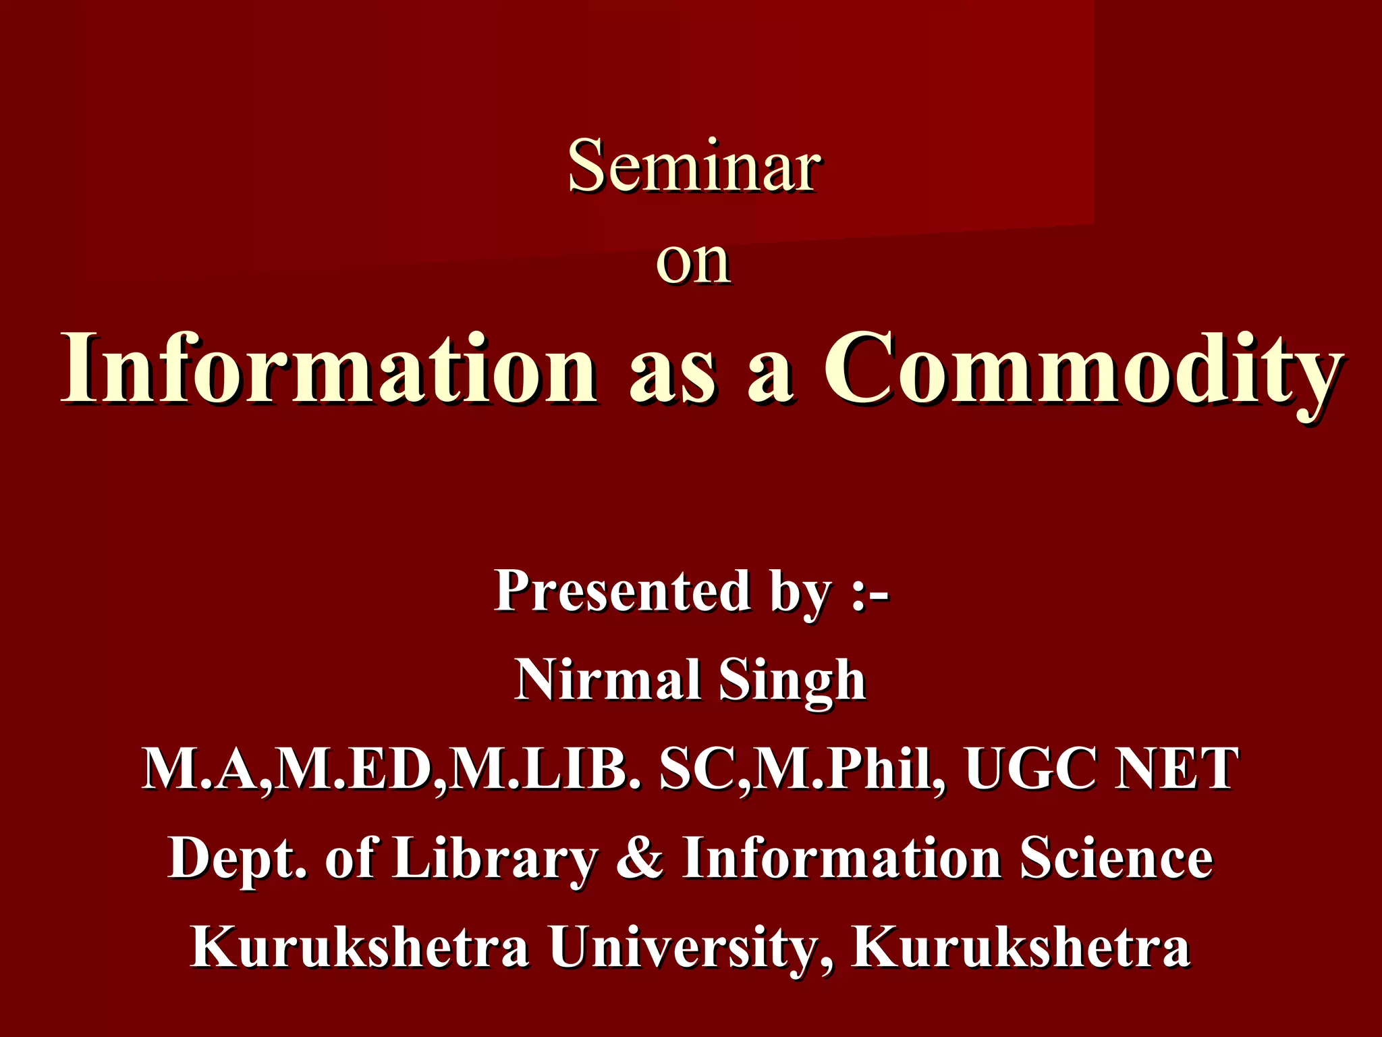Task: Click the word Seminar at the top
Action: point(694,166)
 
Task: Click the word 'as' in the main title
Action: point(671,375)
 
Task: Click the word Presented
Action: point(621,591)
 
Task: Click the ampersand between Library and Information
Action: point(640,857)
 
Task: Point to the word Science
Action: point(1116,857)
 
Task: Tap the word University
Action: point(690,947)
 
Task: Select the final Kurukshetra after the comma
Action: point(1020,947)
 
